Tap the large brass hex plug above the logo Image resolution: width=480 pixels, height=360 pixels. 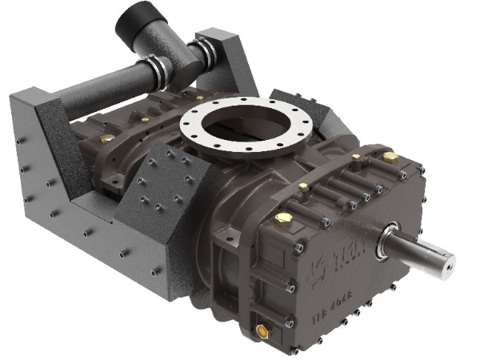283,218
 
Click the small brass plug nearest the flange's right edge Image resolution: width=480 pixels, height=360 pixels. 303,187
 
